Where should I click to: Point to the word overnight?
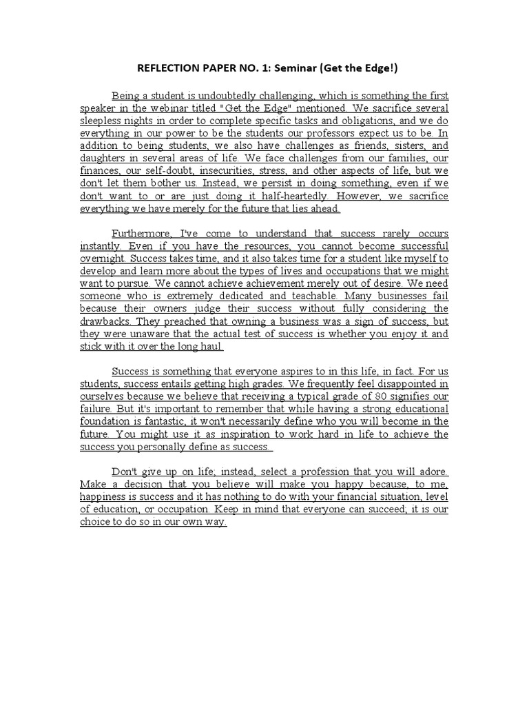click(x=104, y=259)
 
